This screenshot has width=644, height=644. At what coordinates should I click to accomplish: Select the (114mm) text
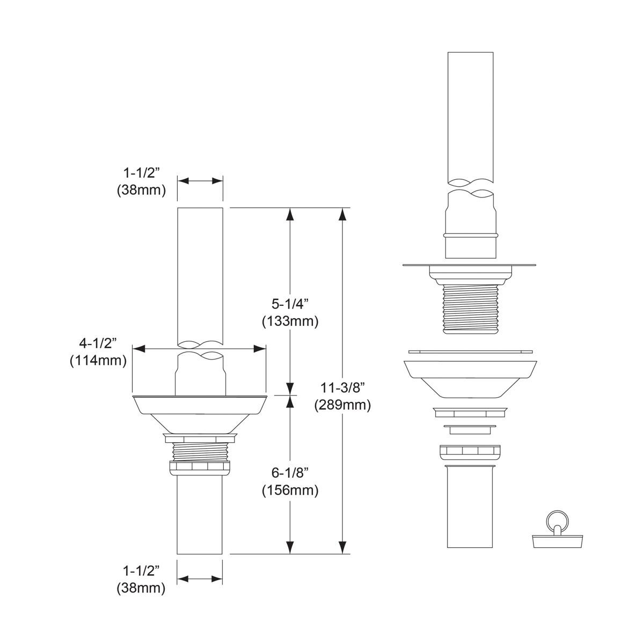point(98,361)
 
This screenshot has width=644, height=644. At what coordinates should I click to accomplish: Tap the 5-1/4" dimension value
point(290,304)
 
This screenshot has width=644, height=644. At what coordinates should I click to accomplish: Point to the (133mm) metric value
point(290,321)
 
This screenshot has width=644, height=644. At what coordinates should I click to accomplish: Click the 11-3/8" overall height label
point(342,387)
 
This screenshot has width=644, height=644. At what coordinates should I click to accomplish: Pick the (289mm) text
point(342,405)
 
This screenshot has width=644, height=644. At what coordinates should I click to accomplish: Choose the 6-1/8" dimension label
point(290,473)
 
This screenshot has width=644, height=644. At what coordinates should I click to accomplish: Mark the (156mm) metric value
point(290,490)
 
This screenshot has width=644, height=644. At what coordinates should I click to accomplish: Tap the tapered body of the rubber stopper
point(553,539)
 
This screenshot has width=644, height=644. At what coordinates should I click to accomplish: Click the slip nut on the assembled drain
point(200,467)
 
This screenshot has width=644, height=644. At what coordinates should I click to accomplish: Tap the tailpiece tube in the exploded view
point(470,507)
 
